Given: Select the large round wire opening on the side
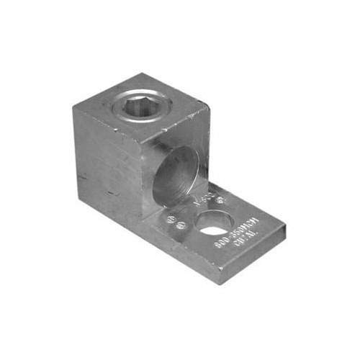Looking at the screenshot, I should coord(176,172).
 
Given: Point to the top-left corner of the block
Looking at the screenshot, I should coord(73,117).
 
